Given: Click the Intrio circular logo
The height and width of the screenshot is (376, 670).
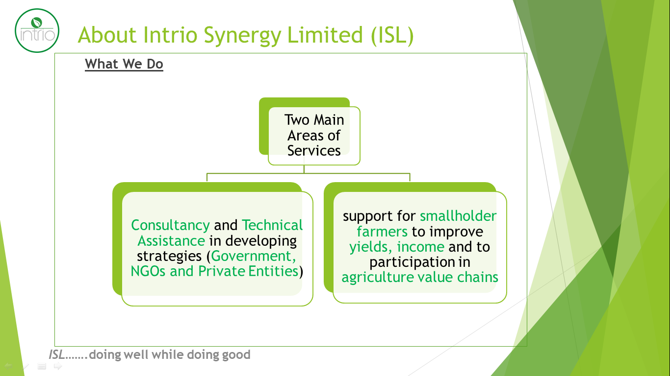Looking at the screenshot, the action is point(37,30).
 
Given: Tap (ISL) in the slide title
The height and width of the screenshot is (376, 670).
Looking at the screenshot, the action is point(392,36).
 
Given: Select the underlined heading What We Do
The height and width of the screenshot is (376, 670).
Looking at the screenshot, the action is point(124,64).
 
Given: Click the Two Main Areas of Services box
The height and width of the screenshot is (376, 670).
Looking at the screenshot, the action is point(314,136).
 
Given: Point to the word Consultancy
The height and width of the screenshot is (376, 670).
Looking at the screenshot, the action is point(171,225).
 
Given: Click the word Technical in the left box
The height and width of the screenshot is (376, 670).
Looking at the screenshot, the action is point(272,225).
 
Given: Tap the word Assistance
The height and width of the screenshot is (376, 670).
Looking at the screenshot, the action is point(171,241).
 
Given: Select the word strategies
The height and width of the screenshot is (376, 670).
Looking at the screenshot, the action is point(169,256).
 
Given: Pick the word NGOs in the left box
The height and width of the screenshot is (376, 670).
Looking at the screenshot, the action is point(148,271).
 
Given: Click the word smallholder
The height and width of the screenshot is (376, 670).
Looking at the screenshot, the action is point(458,216).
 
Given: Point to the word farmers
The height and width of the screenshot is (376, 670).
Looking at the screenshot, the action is point(382,232).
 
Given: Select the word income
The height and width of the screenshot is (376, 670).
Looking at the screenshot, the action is point(420,247).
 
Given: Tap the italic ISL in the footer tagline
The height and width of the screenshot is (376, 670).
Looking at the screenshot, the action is point(56,355).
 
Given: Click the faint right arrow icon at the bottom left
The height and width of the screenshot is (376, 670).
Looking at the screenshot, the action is point(58,366).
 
